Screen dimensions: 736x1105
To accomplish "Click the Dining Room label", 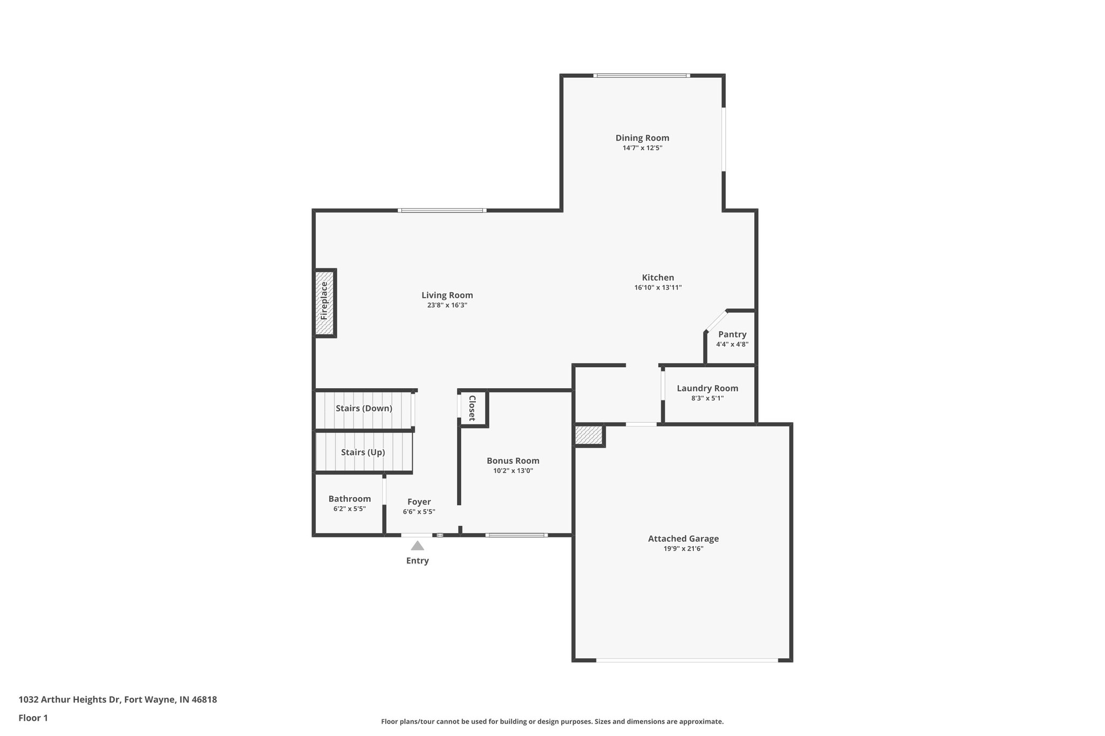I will [x=642, y=138].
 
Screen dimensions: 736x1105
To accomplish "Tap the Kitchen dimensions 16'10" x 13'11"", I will [x=658, y=288].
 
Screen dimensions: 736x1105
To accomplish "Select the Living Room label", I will [x=447, y=295].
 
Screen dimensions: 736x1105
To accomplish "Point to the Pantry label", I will [x=732, y=334].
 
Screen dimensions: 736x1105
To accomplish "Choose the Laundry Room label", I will [x=707, y=388].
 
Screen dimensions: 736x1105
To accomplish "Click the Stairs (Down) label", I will [x=364, y=408].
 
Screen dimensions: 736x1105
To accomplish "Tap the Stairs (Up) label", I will [x=363, y=452].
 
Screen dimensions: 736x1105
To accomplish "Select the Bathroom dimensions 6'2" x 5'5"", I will [x=350, y=508].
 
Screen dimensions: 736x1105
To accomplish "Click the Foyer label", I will [x=419, y=502].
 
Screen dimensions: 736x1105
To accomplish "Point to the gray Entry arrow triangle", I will [x=417, y=546].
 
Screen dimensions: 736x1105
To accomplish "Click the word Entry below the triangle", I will [x=417, y=561].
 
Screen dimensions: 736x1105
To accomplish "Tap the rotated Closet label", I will [x=472, y=408].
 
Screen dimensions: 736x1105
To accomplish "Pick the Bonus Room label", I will [x=513, y=460].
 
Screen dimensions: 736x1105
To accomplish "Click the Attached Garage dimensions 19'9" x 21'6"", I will [x=683, y=548].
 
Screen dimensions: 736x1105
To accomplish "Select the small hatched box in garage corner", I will [x=588, y=435].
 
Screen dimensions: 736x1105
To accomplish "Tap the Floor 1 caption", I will [x=33, y=718].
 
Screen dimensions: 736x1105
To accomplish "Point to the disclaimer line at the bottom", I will [x=552, y=721].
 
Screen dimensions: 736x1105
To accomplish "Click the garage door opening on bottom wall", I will [x=686, y=660].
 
